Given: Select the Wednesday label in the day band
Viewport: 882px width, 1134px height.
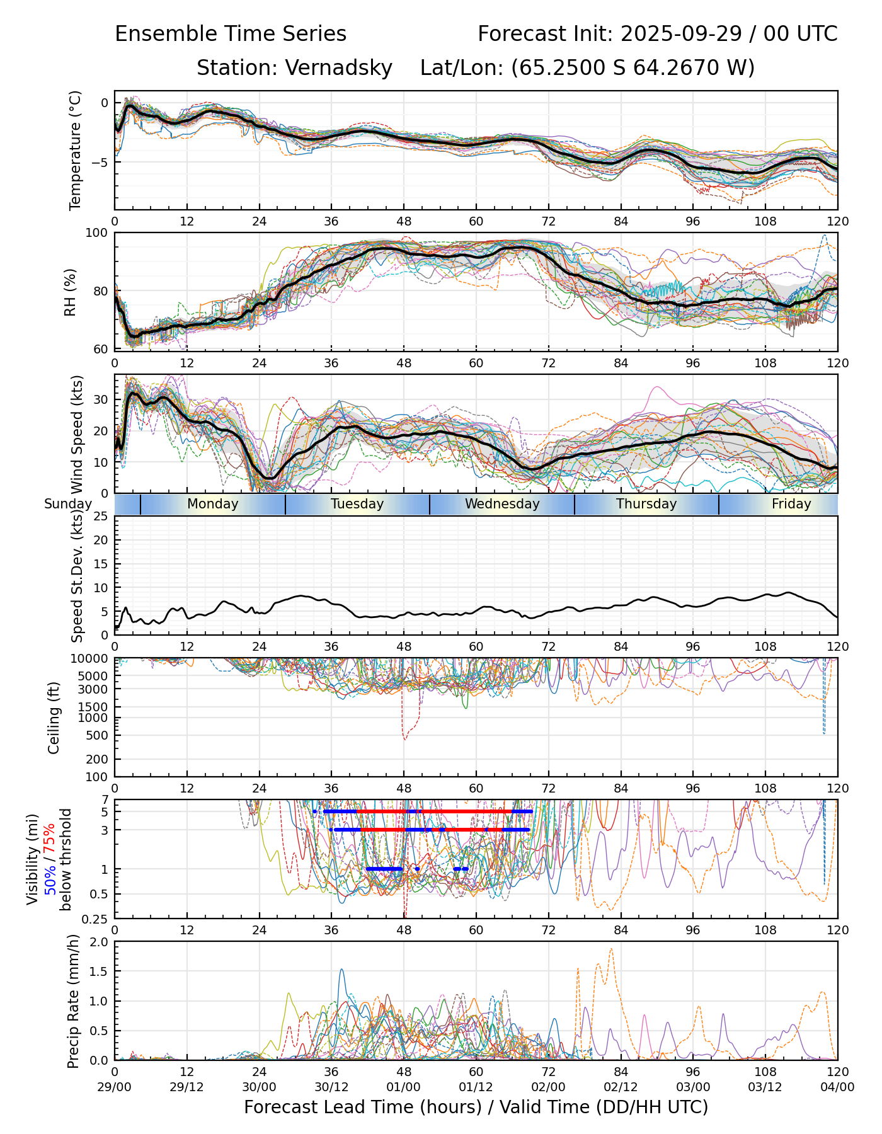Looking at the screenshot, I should (502, 504).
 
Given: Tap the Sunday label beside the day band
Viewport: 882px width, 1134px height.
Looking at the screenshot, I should (68, 504).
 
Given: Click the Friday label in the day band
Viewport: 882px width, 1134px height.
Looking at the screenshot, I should (791, 504).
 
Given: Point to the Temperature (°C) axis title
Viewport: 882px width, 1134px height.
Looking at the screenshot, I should (76, 150).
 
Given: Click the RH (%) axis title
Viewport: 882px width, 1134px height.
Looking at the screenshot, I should (70, 292).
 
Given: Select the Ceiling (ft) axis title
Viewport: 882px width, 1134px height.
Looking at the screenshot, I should (54, 718).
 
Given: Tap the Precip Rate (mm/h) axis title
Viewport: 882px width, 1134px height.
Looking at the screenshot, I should (74, 1001).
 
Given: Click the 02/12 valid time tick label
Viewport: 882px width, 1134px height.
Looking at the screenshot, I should (621, 1087).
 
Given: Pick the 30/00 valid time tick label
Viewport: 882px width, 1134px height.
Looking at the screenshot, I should (259, 1087).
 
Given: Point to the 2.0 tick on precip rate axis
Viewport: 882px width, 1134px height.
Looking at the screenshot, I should (100, 942).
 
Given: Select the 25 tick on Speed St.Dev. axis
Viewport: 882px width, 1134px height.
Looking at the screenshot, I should (101, 517).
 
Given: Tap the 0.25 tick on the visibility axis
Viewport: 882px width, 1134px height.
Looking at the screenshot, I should (96, 918).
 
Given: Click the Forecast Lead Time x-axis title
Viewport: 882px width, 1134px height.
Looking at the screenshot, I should (476, 1107).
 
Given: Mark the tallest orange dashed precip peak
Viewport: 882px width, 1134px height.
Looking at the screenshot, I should (611, 949).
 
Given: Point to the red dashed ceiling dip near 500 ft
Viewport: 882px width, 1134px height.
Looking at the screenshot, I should (404, 737).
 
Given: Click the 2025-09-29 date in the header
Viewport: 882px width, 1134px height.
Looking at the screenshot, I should (682, 33).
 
